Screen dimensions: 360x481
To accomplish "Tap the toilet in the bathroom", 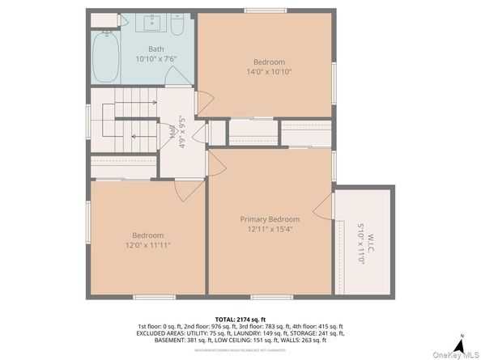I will (177, 26).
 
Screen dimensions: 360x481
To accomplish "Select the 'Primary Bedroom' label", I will (270, 219).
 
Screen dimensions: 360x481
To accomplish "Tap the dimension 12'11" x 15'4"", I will (270, 229).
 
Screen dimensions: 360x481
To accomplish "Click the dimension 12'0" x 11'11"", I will (148, 245).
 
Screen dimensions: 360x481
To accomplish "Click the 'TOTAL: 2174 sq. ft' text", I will (240, 320).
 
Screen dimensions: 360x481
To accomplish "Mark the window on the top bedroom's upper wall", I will (265, 11).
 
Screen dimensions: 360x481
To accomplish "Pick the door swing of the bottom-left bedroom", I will (190, 191).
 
